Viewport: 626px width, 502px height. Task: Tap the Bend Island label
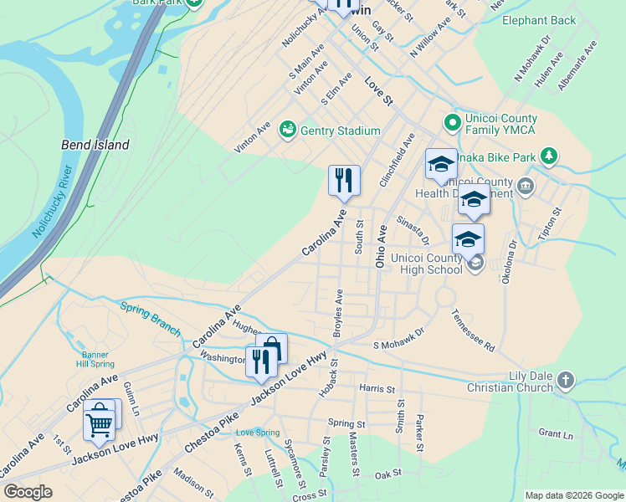(x=95, y=145)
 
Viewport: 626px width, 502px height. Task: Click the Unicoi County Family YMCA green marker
(x=453, y=124)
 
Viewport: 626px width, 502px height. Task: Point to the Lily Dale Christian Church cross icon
(x=566, y=381)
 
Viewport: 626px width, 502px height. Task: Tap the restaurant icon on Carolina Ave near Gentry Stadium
(x=344, y=181)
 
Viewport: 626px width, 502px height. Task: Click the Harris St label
(x=376, y=389)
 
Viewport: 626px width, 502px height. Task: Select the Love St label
(x=378, y=91)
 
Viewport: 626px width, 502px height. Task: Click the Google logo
(x=28, y=492)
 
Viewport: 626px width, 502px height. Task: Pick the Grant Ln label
(x=556, y=433)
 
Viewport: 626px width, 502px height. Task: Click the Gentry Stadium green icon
(x=288, y=129)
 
